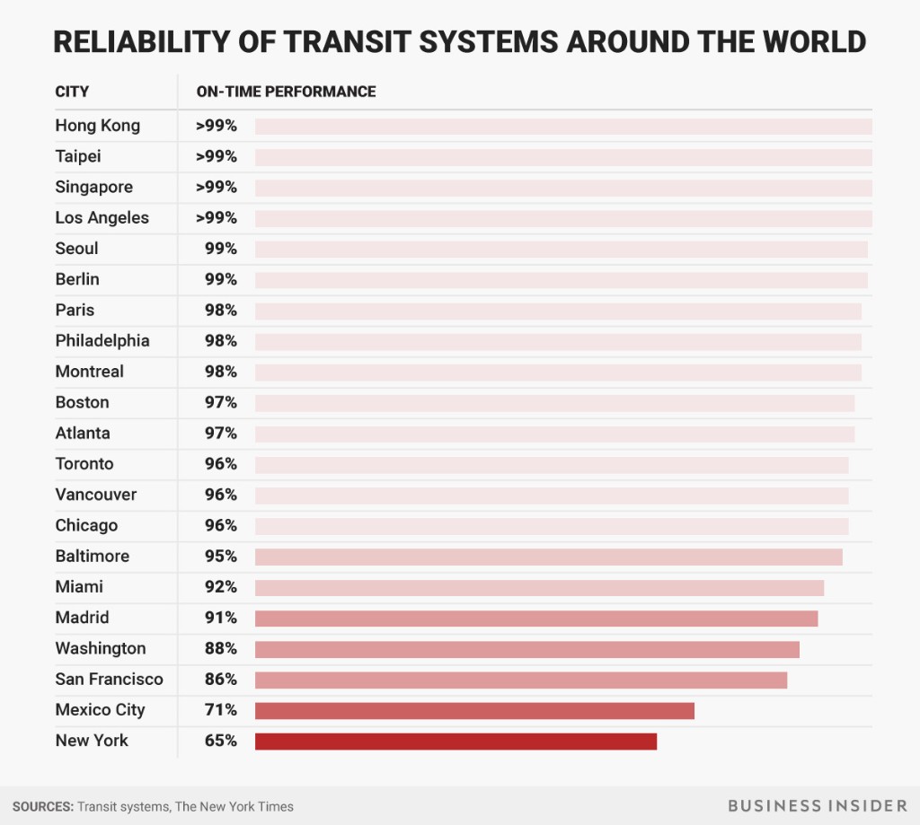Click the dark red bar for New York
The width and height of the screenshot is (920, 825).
(x=456, y=742)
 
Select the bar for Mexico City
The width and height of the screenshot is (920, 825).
(x=474, y=711)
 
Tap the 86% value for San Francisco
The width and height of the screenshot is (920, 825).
(x=220, y=680)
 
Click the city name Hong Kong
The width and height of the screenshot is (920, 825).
(x=97, y=126)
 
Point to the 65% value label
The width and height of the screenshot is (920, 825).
(x=220, y=741)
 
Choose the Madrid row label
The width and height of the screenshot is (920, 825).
(x=82, y=618)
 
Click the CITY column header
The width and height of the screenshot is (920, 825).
(x=72, y=92)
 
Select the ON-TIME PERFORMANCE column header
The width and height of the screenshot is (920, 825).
(x=286, y=92)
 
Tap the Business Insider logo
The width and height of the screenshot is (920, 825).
(x=817, y=805)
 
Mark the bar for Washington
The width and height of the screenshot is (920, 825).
(x=526, y=649)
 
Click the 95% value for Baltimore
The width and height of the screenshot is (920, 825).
(x=220, y=557)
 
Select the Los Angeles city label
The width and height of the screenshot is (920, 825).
(x=102, y=218)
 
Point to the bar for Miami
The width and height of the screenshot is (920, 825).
(x=539, y=588)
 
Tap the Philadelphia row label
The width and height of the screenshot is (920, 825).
(x=102, y=341)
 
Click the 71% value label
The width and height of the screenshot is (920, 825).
(x=220, y=710)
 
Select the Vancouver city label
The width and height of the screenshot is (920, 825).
(x=96, y=495)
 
